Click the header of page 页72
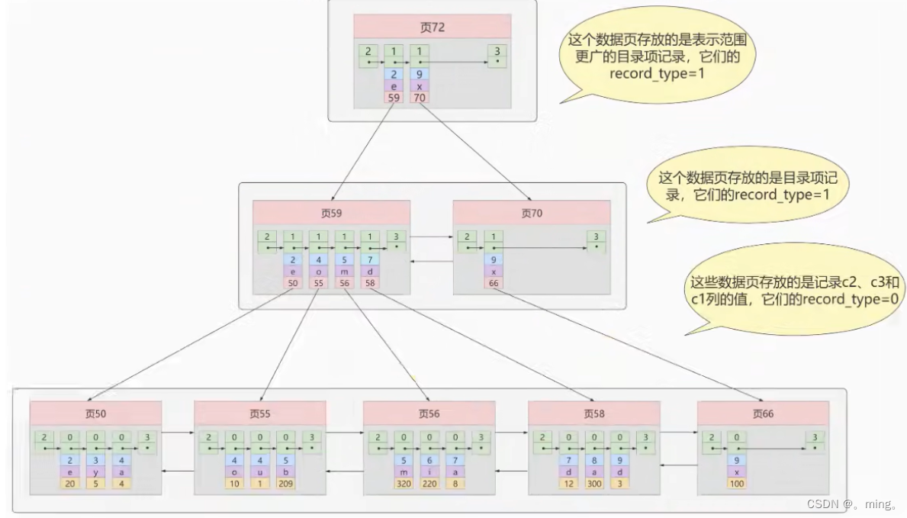pos(432,27)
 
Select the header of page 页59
pos(331,214)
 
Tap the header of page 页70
pos(532,214)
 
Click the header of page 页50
pos(96,413)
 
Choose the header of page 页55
pos(260,413)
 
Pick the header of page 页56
pos(429,413)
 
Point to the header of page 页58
pos(594,413)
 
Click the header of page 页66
pos(763,413)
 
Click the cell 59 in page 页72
pos(394,98)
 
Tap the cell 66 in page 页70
pos(494,283)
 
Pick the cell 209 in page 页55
pos(285,483)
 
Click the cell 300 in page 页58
pos(594,483)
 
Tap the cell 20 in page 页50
pos(69,483)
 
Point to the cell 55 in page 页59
pos(319,283)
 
